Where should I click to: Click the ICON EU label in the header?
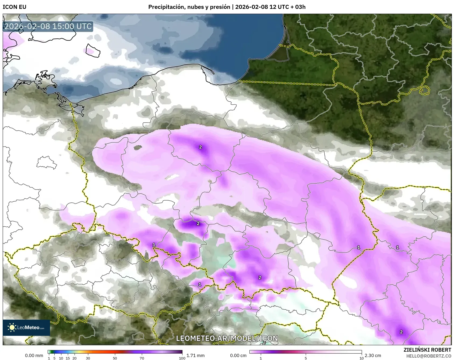[15, 7]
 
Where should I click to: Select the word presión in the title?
[220, 7]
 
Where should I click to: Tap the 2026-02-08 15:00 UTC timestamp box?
[48, 27]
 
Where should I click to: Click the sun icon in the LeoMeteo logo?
[12, 327]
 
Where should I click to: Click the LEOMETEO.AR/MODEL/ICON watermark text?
[227, 338]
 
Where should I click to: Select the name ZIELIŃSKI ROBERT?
[427, 350]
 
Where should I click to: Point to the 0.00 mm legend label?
[34, 355]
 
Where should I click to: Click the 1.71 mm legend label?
[195, 355]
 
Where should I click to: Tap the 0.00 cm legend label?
[238, 355]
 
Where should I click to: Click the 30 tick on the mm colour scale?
[88, 358]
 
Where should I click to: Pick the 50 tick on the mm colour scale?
[115, 358]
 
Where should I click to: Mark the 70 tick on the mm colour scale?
[142, 358]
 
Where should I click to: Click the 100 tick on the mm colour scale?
[182, 358]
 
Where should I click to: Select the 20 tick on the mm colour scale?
[75, 358]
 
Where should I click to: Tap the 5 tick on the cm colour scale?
[306, 358]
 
